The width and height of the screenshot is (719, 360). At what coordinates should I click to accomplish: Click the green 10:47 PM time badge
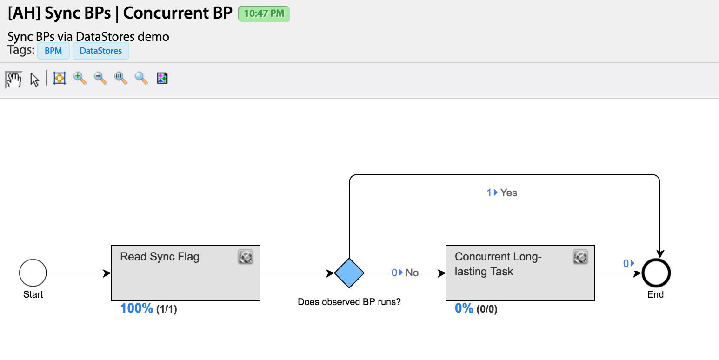(264, 14)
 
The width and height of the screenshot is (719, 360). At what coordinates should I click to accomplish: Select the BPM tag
(53, 51)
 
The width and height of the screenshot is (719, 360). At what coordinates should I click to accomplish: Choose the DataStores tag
(101, 51)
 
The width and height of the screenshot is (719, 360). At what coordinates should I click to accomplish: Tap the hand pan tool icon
(14, 79)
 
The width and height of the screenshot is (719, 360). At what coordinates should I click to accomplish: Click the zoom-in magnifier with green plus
(80, 78)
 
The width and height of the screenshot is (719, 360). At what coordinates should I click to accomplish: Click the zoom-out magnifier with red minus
(100, 78)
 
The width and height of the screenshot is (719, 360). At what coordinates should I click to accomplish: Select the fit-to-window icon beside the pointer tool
(60, 78)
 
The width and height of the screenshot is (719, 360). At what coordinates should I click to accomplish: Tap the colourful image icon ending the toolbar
(162, 78)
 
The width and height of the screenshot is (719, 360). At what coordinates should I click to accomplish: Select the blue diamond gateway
(349, 273)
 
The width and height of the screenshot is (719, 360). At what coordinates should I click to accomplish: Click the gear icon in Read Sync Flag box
(246, 257)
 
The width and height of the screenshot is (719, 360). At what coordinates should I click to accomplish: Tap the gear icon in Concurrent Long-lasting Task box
(580, 257)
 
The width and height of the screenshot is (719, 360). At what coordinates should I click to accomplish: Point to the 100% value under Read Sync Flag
(136, 308)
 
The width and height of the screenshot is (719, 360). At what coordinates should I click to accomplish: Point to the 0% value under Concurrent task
(464, 308)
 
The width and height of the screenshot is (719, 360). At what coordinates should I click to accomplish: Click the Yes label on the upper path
(509, 193)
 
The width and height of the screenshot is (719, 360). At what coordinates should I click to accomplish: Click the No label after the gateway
(412, 273)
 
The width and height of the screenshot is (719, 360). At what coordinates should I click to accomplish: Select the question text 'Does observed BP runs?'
(349, 302)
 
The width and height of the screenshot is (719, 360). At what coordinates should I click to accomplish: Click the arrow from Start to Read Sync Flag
(79, 273)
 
